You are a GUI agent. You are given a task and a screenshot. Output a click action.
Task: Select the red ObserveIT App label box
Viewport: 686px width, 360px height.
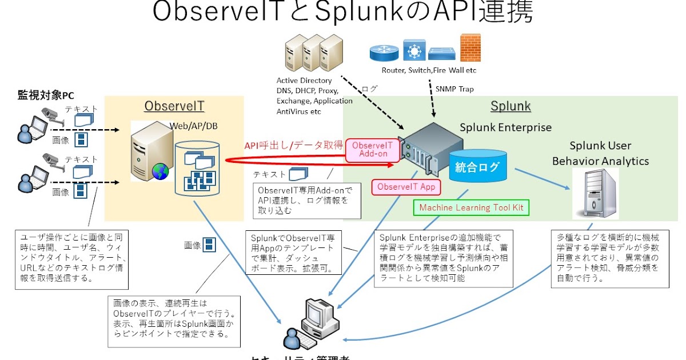(406, 187)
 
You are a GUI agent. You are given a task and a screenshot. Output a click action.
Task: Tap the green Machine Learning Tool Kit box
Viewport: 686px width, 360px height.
(471, 207)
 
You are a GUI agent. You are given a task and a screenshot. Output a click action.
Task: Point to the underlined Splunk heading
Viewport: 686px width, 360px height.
(510, 106)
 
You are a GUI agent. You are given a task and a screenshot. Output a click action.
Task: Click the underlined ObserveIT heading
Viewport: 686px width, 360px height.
(174, 106)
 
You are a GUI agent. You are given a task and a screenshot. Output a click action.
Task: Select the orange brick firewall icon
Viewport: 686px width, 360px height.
(470, 48)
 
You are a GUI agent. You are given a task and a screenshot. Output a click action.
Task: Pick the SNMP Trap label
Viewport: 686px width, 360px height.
(454, 89)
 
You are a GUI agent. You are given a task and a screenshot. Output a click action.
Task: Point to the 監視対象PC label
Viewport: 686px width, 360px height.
(46, 95)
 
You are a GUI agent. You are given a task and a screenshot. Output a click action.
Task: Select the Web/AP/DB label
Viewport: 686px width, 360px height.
(193, 125)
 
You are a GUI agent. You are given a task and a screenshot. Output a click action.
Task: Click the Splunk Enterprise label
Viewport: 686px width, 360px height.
(506, 127)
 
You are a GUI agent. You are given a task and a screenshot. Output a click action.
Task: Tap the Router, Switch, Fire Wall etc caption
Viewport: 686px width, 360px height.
(429, 70)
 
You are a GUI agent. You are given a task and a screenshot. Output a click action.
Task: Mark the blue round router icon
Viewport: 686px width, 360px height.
(383, 52)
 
